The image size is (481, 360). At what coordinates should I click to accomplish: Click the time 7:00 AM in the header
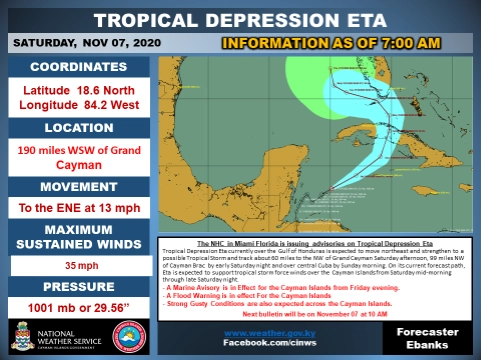404,43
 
